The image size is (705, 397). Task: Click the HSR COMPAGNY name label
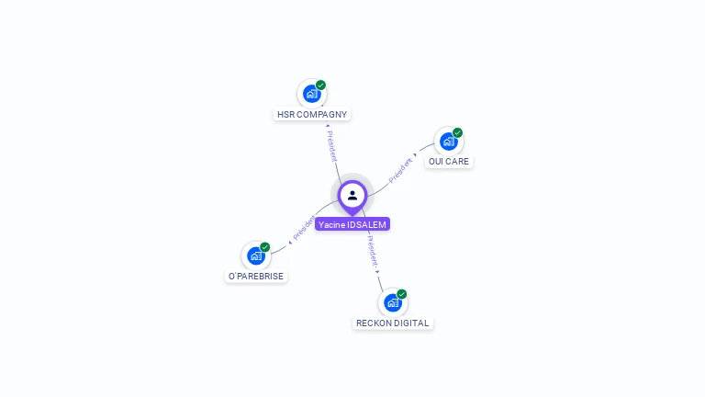click(x=312, y=115)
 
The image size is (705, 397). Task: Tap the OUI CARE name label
click(x=448, y=162)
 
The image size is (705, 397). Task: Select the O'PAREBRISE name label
click(x=256, y=277)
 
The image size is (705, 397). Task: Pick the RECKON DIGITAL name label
click(x=393, y=323)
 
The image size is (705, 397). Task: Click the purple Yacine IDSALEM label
click(x=352, y=224)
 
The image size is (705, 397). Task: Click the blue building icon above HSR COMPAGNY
click(x=312, y=94)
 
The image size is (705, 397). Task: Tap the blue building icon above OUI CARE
click(x=448, y=141)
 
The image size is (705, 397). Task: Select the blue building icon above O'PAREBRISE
click(x=256, y=255)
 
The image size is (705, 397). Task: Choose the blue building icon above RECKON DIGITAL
click(x=393, y=302)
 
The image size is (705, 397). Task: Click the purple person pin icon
click(x=352, y=195)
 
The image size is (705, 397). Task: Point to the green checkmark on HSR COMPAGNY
click(x=321, y=85)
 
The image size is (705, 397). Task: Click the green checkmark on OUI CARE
click(x=457, y=132)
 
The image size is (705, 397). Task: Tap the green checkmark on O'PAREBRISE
click(x=265, y=246)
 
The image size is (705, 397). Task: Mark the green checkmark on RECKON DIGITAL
click(x=402, y=294)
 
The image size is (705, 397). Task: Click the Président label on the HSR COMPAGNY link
click(x=331, y=146)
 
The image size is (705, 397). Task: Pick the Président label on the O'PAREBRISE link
click(x=304, y=228)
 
